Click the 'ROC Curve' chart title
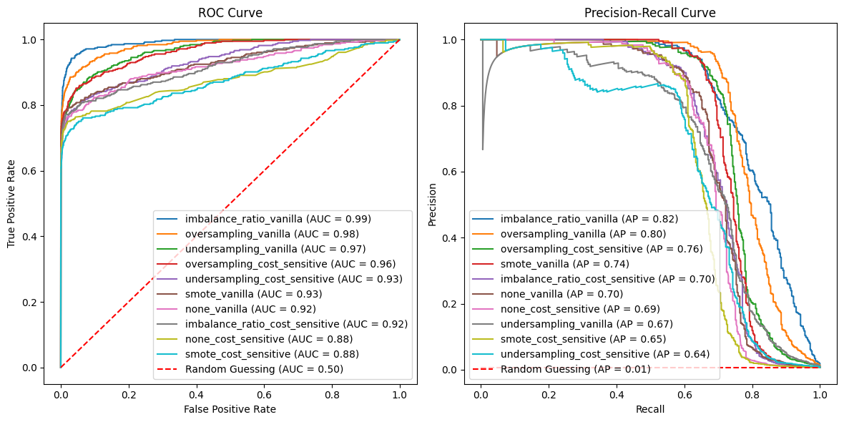click(x=230, y=14)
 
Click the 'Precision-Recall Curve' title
click(x=650, y=14)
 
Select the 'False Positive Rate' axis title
click(x=230, y=409)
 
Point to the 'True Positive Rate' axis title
click(x=12, y=203)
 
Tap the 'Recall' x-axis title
click(x=650, y=409)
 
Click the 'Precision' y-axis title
click(x=433, y=203)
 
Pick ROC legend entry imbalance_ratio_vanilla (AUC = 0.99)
click(x=278, y=219)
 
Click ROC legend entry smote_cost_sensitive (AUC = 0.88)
click(x=272, y=354)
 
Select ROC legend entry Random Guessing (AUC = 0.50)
click(x=264, y=369)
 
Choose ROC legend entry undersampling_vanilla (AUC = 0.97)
click(x=275, y=249)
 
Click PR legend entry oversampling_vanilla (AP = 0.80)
click(x=583, y=234)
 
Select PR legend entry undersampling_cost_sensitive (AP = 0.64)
click(x=604, y=354)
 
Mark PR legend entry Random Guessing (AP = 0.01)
click(x=575, y=369)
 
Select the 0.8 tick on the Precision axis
click(x=455, y=106)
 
